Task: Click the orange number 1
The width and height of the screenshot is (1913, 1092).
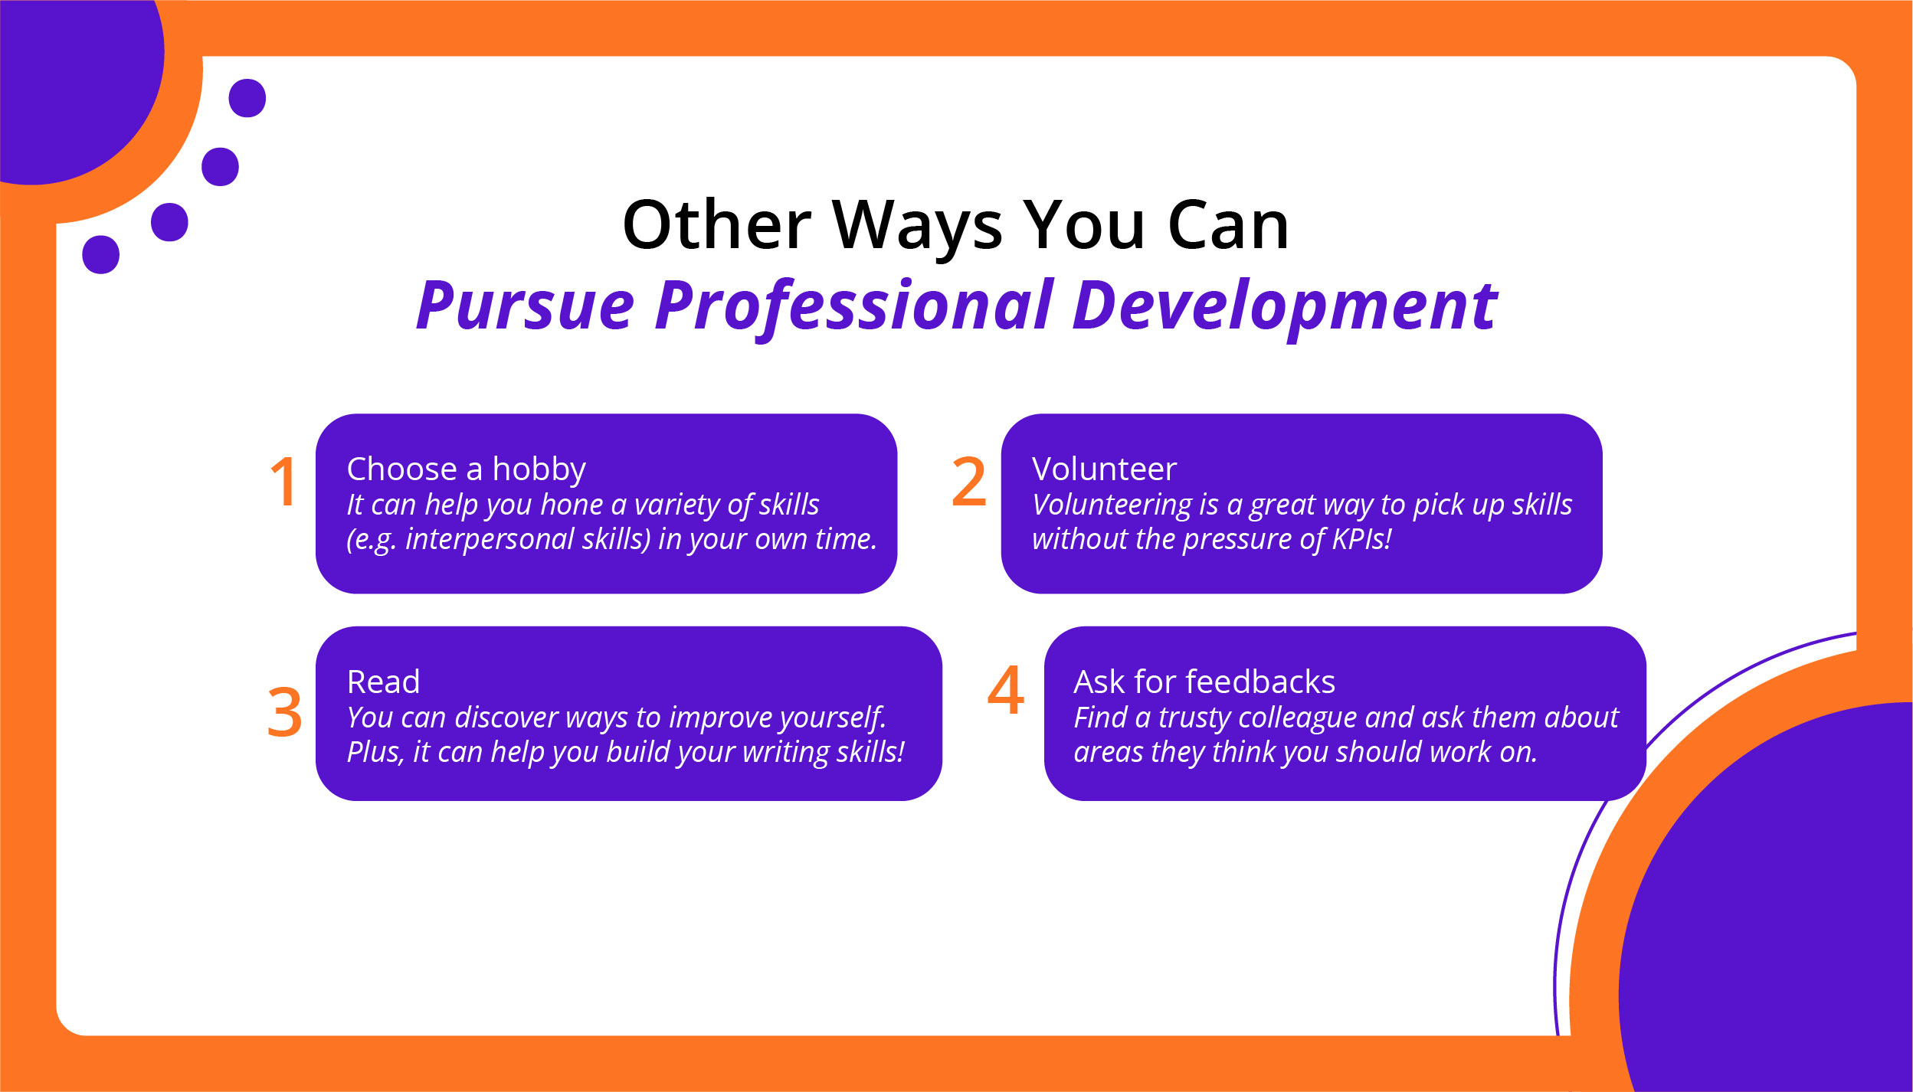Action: (284, 482)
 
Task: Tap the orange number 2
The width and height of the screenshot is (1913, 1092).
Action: (968, 482)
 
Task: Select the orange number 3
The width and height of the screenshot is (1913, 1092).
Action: (284, 712)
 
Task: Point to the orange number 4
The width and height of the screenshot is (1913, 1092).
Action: (1005, 690)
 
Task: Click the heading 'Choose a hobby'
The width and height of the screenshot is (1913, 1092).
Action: (466, 469)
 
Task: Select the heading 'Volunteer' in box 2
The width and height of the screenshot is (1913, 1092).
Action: (1103, 469)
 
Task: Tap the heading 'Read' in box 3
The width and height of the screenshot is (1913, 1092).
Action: (383, 682)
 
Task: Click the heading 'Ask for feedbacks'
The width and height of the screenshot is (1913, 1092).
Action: (1204, 682)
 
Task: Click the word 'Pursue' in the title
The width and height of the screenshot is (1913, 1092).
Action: (526, 306)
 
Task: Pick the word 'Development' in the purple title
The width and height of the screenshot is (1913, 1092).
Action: (1284, 306)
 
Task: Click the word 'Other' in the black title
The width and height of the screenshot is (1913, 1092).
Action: (716, 225)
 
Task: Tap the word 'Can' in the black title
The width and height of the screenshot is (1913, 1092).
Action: (1228, 225)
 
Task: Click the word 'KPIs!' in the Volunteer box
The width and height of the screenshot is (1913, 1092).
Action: (1361, 539)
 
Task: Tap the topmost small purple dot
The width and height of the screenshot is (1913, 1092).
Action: (247, 98)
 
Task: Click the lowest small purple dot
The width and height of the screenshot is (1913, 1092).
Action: (100, 254)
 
